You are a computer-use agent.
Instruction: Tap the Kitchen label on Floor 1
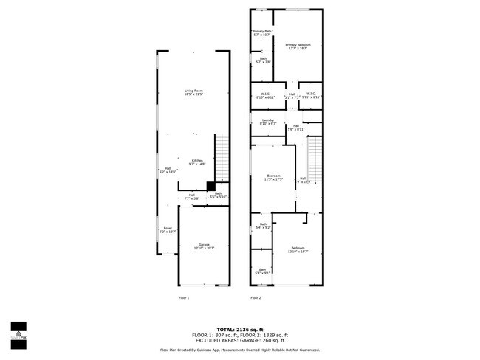pyautogui.click(x=197, y=162)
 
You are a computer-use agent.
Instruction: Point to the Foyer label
pyautogui.click(x=168, y=229)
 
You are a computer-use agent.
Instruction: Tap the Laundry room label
pyautogui.click(x=267, y=122)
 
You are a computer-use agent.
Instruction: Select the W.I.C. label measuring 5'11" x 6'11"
pyautogui.click(x=310, y=95)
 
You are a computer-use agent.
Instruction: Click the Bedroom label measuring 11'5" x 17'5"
pyautogui.click(x=274, y=177)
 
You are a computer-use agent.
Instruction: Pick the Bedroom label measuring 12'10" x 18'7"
pyautogui.click(x=298, y=249)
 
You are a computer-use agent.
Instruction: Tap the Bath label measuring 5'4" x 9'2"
pyautogui.click(x=262, y=226)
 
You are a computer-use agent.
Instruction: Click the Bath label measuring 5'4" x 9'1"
pyautogui.click(x=261, y=271)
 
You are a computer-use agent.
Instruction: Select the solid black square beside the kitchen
pyautogui.click(x=210, y=187)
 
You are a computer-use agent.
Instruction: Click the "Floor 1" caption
pyautogui.click(x=184, y=298)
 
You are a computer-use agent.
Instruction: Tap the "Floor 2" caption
pyautogui.click(x=256, y=298)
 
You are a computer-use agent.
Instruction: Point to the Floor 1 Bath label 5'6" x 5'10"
pyautogui.click(x=219, y=195)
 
